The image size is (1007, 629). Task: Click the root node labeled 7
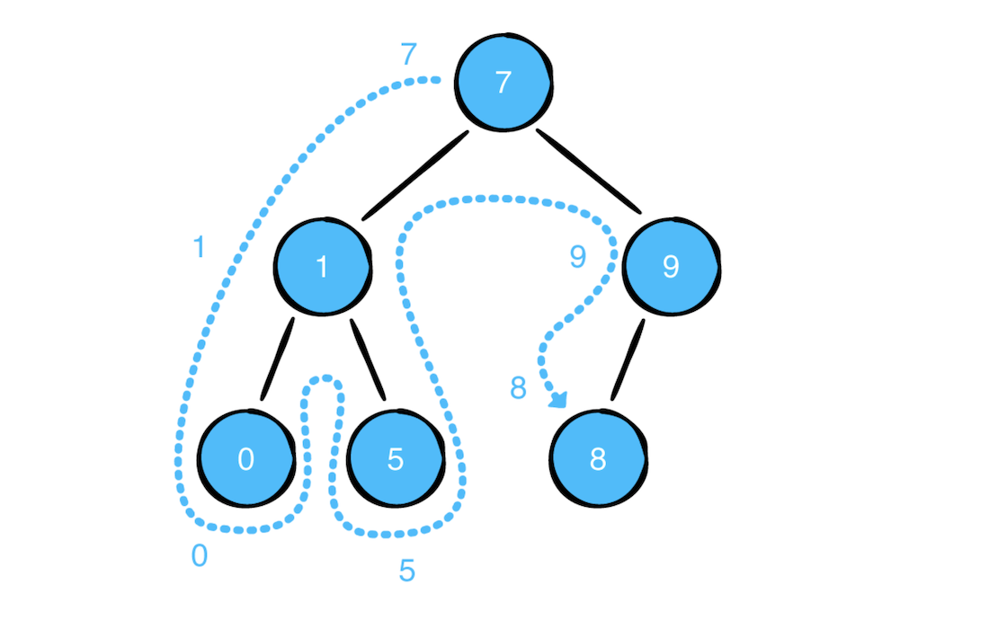503,82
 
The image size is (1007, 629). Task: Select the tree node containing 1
323,266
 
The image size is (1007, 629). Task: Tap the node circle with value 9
671,266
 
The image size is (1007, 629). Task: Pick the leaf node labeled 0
246,458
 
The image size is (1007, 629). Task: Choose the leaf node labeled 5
396,458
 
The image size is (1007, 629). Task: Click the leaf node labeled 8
598,458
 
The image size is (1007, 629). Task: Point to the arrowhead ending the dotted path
558,400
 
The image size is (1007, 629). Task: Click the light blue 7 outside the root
408,54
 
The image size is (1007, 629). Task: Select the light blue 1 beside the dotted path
200,247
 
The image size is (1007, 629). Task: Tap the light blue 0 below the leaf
200,555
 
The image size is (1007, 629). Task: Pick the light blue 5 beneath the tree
407,571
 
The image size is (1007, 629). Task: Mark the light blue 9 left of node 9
578,257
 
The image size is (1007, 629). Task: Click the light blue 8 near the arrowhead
518,388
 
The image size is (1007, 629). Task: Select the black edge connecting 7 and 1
415,175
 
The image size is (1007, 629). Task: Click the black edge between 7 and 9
589,171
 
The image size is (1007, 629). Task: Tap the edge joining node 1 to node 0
278,359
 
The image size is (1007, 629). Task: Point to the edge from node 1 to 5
368,359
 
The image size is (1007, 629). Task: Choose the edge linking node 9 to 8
628,359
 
